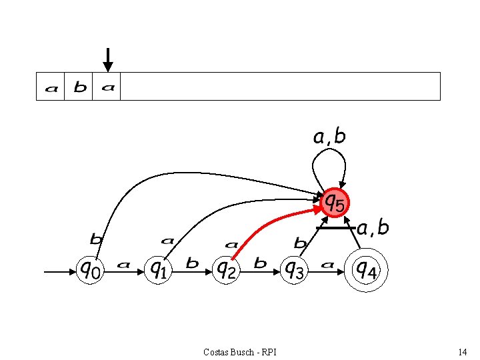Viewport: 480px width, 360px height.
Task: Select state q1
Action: pos(159,270)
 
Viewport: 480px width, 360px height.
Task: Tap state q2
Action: pos(227,270)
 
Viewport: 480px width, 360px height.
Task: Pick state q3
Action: pos(294,270)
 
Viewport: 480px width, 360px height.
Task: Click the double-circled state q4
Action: pos(365,270)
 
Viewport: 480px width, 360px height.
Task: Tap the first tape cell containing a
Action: pos(51,87)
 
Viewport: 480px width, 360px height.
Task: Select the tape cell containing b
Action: pos(79,87)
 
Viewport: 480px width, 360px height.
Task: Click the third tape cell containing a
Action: pos(107,87)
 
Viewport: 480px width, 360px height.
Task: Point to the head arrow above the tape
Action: pos(108,59)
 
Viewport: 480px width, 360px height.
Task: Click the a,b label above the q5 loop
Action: pos(329,137)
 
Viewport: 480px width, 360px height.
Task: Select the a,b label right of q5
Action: pos(373,228)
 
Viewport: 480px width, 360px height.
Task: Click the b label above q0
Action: pos(97,239)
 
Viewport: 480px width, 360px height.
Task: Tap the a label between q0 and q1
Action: pos(123,265)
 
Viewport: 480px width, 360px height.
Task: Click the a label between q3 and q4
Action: pos(327,265)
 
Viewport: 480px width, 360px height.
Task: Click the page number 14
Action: pos(462,351)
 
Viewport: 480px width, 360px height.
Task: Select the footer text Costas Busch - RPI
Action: pos(241,351)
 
